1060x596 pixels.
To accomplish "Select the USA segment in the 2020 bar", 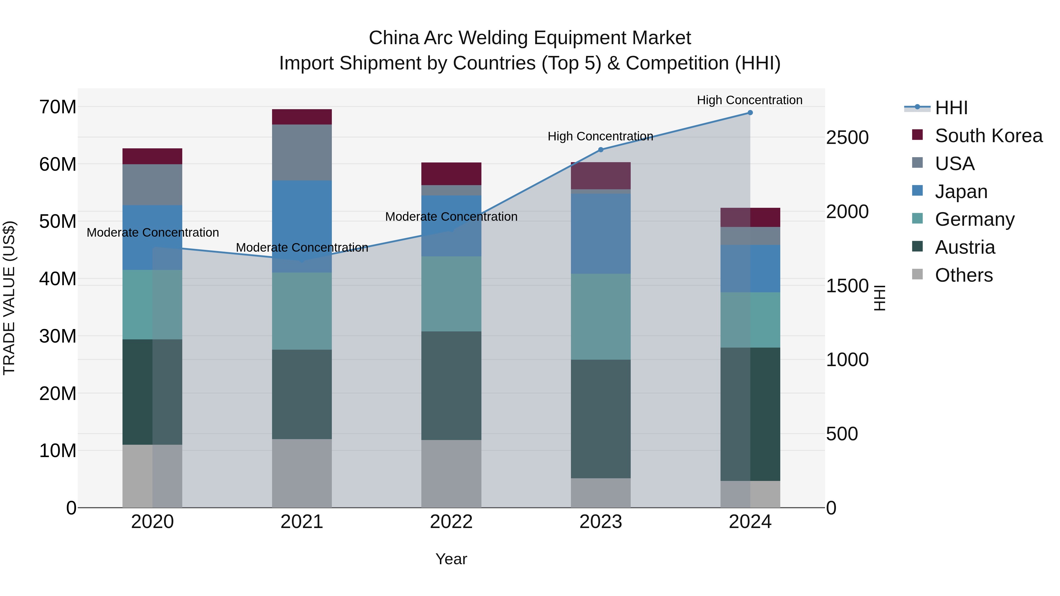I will (x=152, y=185).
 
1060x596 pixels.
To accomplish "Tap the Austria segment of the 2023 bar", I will (x=600, y=419).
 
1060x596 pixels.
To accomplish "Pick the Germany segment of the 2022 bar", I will (x=451, y=294).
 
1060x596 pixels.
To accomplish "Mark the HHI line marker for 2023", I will (x=600, y=150).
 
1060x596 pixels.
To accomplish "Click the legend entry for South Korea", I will (x=988, y=136).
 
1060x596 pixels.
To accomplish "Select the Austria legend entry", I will (x=965, y=247).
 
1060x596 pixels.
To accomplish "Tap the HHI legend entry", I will (x=951, y=108).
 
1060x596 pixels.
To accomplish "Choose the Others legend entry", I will (x=963, y=275).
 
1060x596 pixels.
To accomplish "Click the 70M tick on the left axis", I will (x=58, y=107).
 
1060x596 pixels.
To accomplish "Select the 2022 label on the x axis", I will (x=451, y=522).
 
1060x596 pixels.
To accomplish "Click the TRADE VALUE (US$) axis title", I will (x=9, y=298).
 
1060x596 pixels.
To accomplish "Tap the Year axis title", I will (x=451, y=559).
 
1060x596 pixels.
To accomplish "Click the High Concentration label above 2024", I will (x=749, y=100).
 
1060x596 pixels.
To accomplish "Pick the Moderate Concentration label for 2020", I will (x=153, y=233).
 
